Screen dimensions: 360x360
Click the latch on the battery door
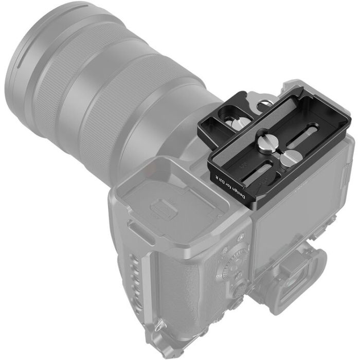(161, 210)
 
